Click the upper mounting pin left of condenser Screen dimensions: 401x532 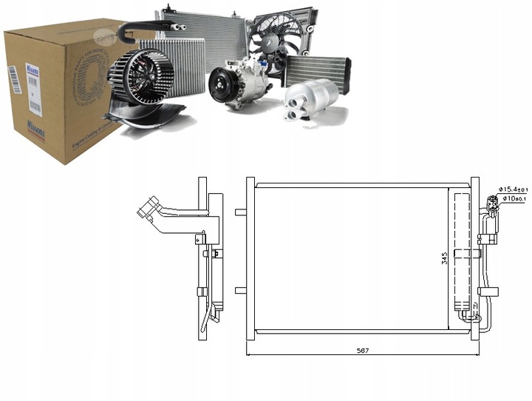[x=240, y=214]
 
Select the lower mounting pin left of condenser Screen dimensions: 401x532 [x=240, y=290]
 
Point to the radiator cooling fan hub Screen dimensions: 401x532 [x=279, y=42]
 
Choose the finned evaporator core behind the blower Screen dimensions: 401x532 [x=181, y=63]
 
